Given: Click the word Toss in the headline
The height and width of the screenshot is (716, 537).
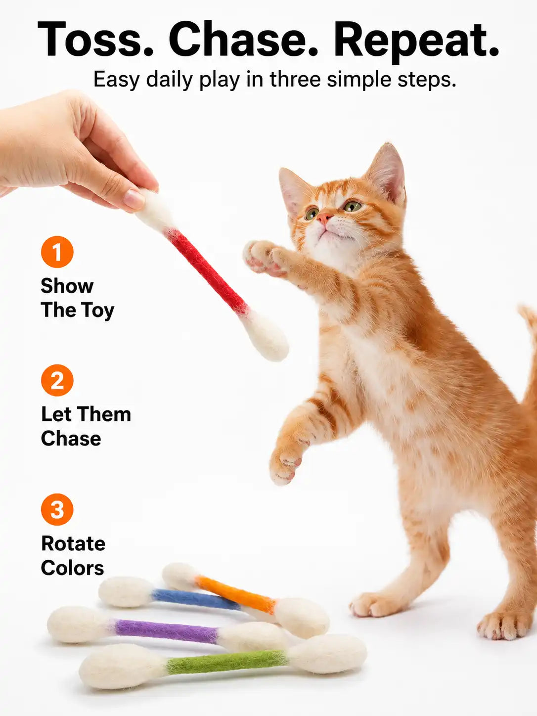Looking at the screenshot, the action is (95, 39).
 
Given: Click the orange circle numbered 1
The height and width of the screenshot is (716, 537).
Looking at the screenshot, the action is (57, 252).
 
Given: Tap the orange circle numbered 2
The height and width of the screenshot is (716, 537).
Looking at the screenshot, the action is (57, 380).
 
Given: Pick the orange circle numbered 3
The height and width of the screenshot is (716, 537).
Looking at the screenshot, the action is (57, 509).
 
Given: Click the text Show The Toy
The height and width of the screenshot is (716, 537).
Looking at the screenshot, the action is (77, 298).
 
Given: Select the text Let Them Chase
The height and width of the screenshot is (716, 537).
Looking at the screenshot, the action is (86, 426).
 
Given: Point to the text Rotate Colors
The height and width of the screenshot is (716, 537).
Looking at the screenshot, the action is (73, 555).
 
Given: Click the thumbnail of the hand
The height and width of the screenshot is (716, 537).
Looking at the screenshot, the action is (134, 199).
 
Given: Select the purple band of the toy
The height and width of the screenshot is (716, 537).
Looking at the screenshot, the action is (166, 630).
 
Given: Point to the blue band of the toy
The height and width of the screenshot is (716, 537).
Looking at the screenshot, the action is (196, 599).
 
